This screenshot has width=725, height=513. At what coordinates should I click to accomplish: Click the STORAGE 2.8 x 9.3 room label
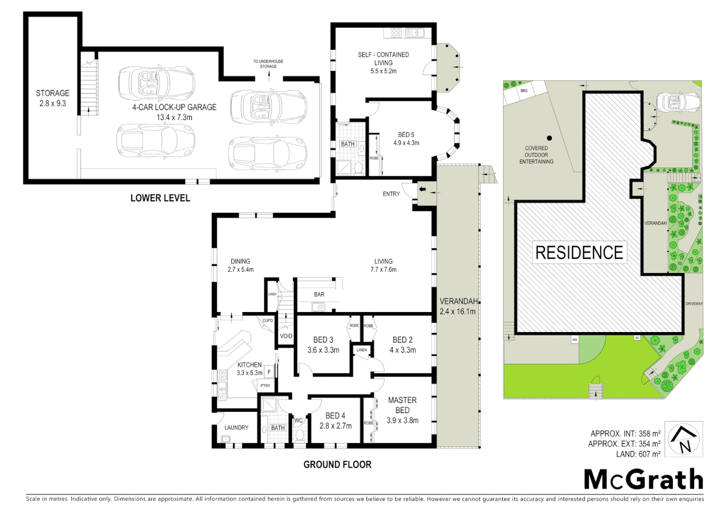pyautogui.click(x=52, y=98)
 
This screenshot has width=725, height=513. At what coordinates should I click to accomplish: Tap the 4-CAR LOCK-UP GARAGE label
pyautogui.click(x=174, y=112)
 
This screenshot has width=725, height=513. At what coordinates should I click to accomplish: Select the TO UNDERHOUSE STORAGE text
pyautogui.click(x=268, y=64)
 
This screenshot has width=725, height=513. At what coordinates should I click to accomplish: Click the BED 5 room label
pyautogui.click(x=406, y=138)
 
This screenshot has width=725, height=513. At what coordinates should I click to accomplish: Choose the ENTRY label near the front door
pyautogui.click(x=391, y=194)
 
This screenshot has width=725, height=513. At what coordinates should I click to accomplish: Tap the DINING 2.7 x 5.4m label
pyautogui.click(x=240, y=265)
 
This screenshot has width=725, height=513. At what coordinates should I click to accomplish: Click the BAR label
pyautogui.click(x=319, y=294)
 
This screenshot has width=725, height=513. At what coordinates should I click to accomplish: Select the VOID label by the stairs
pyautogui.click(x=286, y=336)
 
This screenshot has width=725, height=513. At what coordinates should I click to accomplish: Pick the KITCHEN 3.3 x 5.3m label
pyautogui.click(x=249, y=369)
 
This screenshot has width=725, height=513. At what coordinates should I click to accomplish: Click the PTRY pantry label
pyautogui.click(x=265, y=386)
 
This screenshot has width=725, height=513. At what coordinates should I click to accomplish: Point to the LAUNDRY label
pyautogui.click(x=236, y=427)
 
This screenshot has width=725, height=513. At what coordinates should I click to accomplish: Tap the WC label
pyautogui.click(x=298, y=420)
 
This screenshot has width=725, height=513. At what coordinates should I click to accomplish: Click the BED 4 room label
pyautogui.click(x=335, y=421)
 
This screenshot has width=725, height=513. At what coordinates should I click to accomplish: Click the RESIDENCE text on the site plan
pyautogui.click(x=579, y=252)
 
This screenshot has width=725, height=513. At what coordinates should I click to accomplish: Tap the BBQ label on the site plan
pyautogui.click(x=524, y=90)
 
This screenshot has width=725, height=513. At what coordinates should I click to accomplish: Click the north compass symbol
pyautogui.click(x=683, y=439)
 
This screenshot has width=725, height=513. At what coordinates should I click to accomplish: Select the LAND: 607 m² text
pyautogui.click(x=638, y=454)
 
